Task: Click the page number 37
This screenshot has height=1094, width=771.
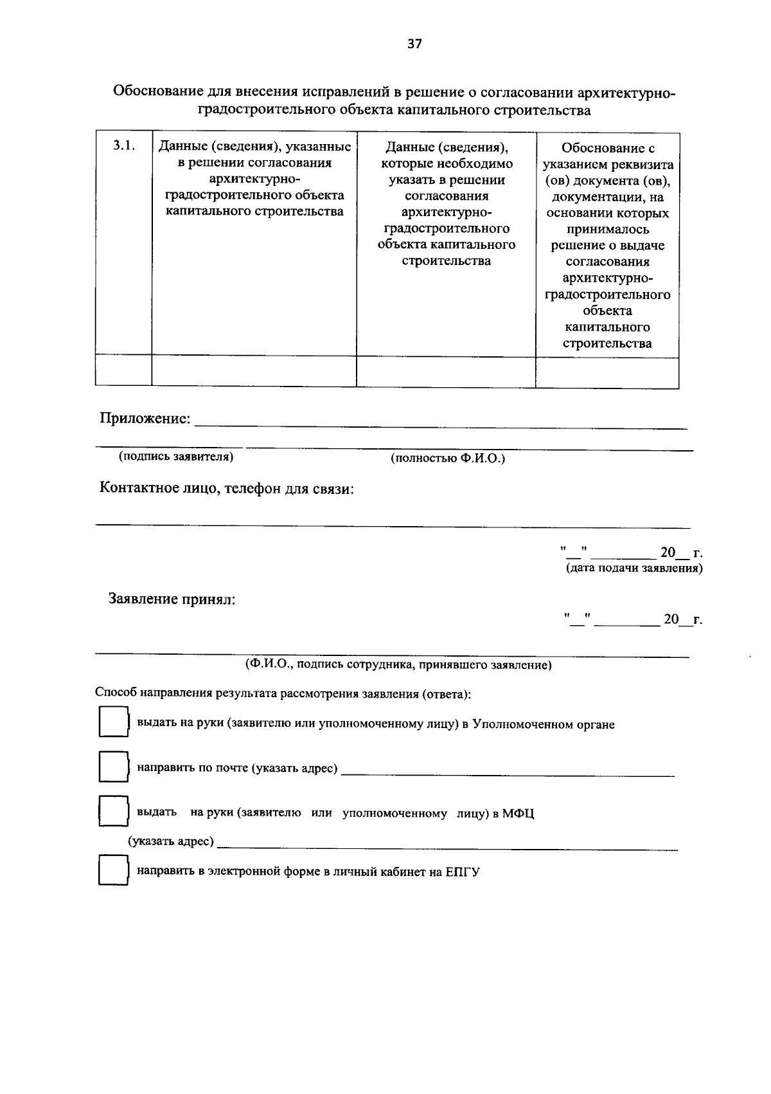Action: coord(414,44)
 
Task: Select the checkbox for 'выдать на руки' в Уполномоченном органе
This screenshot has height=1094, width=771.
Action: coord(113,722)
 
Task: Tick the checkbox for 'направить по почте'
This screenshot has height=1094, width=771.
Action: coord(113,767)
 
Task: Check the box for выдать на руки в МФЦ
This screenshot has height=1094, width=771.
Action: coord(113,811)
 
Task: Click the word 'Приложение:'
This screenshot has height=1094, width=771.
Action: coord(145,419)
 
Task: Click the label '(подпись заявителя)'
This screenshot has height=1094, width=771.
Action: coord(175,457)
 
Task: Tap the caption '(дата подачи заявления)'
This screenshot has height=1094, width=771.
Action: coord(634,569)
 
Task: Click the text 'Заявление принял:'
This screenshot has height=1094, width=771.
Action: coord(172,599)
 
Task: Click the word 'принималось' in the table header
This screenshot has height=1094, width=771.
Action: coord(608,229)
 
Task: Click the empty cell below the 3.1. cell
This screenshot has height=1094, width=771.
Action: coord(123,370)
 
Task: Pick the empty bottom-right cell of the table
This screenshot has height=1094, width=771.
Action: coord(607,372)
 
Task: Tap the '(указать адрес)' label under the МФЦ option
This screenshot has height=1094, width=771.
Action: coord(171,842)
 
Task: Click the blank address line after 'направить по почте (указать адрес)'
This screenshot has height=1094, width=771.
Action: coord(508,770)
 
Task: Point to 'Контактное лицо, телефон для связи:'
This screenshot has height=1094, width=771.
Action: coord(227,489)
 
